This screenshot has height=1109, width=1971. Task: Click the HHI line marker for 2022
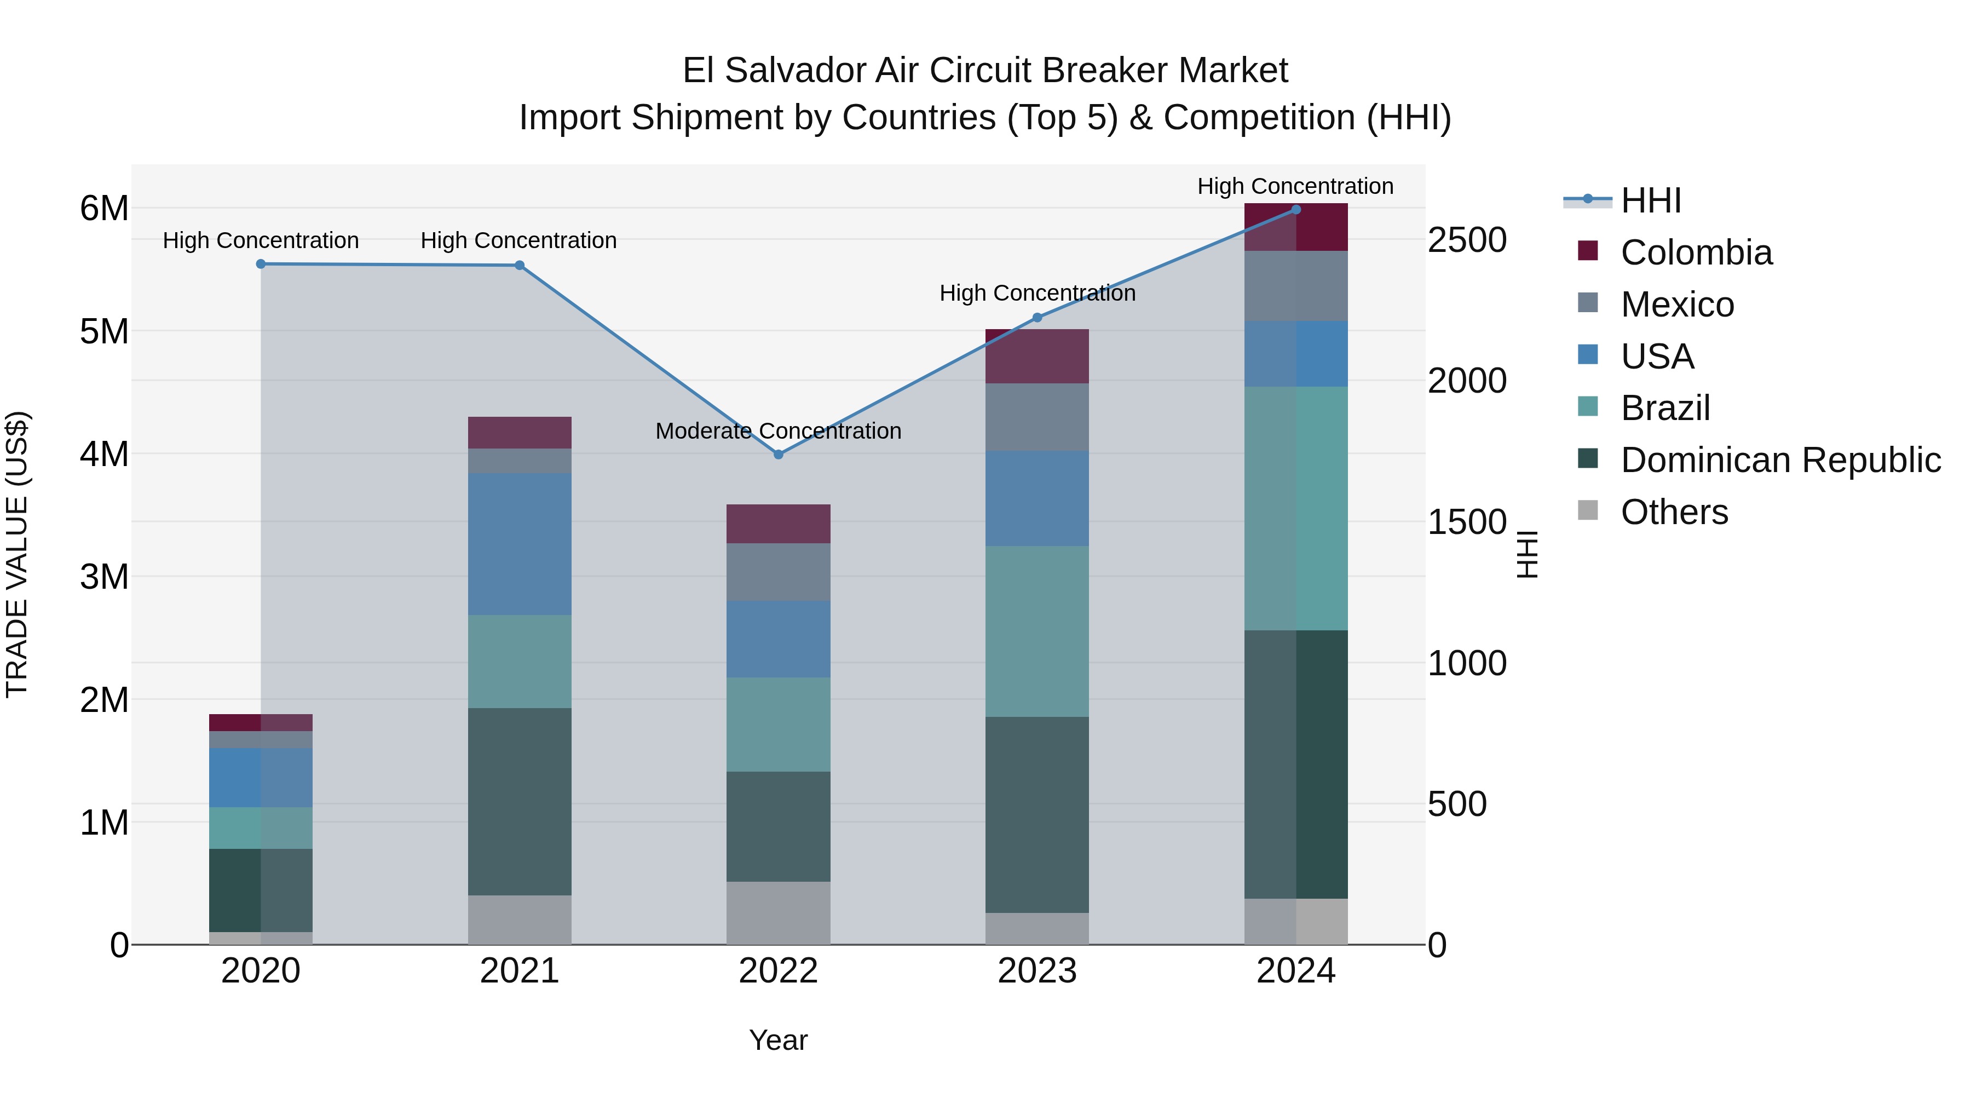tap(778, 455)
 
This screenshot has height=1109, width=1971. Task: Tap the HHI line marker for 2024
tap(1295, 209)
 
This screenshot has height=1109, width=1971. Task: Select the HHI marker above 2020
tap(261, 264)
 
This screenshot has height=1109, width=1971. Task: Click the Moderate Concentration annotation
tap(778, 431)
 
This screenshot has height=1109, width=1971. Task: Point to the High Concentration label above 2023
tap(1037, 293)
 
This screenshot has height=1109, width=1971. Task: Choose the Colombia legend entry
tap(1696, 252)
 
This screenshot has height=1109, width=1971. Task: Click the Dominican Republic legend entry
tap(1780, 460)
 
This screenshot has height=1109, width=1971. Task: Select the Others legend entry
tap(1674, 512)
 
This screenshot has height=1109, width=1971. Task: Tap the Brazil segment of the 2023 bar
tap(1037, 631)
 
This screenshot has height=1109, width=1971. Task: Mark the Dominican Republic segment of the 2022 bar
tap(778, 826)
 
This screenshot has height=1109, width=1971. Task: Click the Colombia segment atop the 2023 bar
tap(1037, 356)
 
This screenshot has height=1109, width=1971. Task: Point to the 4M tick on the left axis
tap(104, 454)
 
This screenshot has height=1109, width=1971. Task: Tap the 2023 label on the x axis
tap(1037, 971)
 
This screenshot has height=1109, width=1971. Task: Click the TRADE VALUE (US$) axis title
tap(17, 554)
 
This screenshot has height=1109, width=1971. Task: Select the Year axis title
tap(778, 1040)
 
